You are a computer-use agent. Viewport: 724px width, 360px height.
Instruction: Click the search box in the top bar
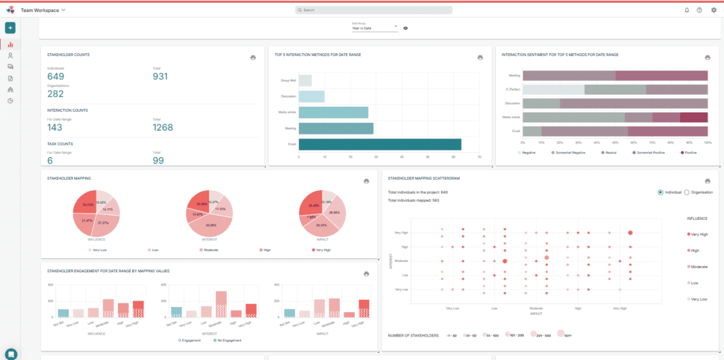(x=373, y=11)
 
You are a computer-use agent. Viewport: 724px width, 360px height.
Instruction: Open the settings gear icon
(x=713, y=11)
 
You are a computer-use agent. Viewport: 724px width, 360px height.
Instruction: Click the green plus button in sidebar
(x=11, y=28)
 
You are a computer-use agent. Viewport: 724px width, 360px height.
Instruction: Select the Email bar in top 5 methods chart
(x=380, y=144)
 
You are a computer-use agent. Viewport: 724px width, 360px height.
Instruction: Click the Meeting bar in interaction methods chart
(x=336, y=128)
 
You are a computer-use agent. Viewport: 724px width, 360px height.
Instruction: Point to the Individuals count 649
(x=56, y=76)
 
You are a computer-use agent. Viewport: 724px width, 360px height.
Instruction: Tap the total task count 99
(x=159, y=161)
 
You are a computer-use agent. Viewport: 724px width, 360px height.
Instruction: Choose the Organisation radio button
(x=687, y=192)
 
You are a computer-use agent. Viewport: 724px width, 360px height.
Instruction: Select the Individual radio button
(x=660, y=192)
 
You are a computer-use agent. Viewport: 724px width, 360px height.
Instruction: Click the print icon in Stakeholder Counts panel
(x=253, y=58)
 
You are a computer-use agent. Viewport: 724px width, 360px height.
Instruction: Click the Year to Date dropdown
(x=375, y=28)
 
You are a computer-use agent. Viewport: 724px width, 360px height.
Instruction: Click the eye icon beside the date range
(x=406, y=28)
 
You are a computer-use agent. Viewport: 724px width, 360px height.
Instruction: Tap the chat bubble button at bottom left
(x=11, y=354)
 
